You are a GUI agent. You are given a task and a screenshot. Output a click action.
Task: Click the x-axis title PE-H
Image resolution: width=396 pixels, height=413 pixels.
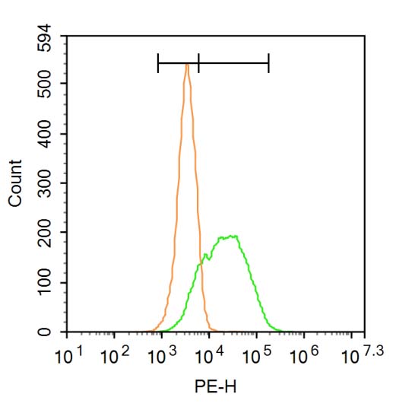[x=214, y=387]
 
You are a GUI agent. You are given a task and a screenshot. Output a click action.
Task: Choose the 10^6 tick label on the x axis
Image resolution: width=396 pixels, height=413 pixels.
[x=303, y=354]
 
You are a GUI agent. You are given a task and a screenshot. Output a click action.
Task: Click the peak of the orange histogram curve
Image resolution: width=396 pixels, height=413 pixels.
[x=186, y=64]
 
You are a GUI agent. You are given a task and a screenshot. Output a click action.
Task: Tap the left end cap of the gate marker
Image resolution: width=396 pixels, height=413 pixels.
[x=158, y=63]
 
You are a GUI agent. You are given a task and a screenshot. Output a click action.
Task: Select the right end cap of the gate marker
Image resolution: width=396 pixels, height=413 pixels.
[x=268, y=63]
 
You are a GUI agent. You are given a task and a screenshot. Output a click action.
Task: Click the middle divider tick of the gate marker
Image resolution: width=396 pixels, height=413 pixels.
[x=198, y=63]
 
